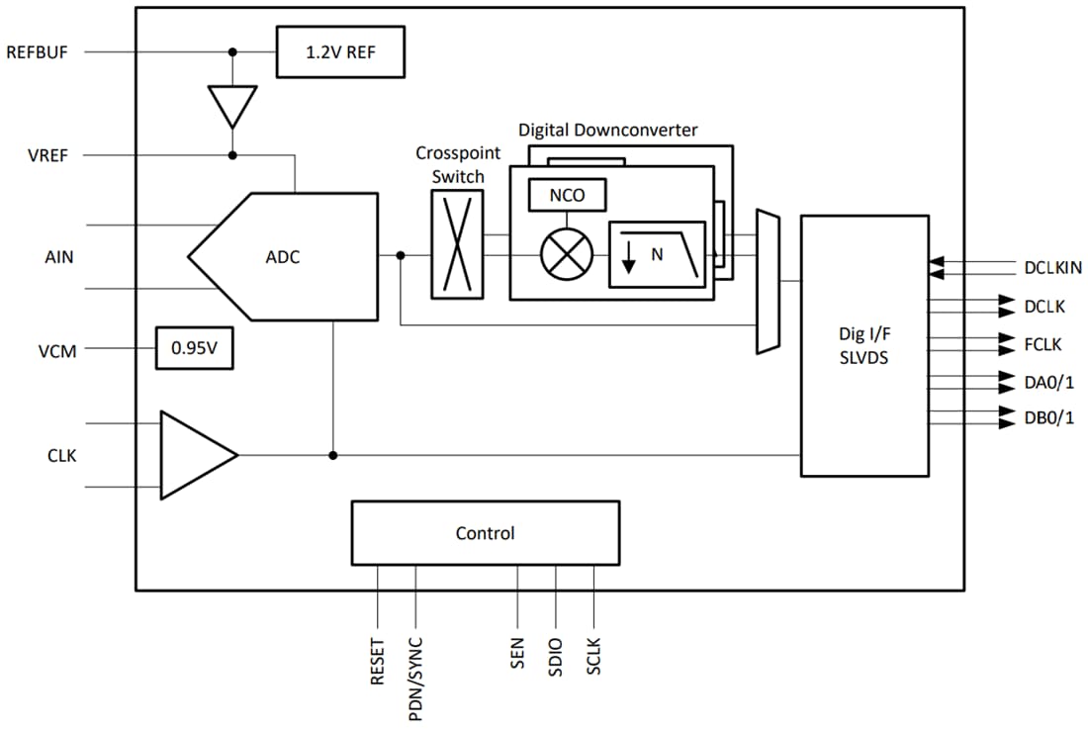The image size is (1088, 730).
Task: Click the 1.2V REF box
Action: pos(340,51)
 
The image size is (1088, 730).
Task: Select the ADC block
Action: pos(284,257)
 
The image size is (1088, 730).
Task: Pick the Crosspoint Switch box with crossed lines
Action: pos(457,243)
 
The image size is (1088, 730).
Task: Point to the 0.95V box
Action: pos(195,348)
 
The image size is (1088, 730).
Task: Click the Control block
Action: pos(485,533)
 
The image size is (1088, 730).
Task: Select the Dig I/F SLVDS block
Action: pos(864,345)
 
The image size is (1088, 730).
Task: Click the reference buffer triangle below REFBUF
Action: pos(232,104)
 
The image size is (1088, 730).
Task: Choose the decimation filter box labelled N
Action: pos(658,254)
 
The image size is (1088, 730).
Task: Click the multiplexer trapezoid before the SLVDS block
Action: pos(768,282)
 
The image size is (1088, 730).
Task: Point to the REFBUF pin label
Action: pos(38,52)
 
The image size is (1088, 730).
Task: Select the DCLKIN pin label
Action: pos(1052,267)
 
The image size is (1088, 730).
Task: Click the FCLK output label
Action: pos(1043,345)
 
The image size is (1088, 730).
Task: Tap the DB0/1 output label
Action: pos(1048,417)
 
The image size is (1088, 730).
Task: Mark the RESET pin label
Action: pos(378,661)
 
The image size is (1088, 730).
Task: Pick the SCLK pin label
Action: pos(593,657)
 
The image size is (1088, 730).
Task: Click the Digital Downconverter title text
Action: pos(607,131)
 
